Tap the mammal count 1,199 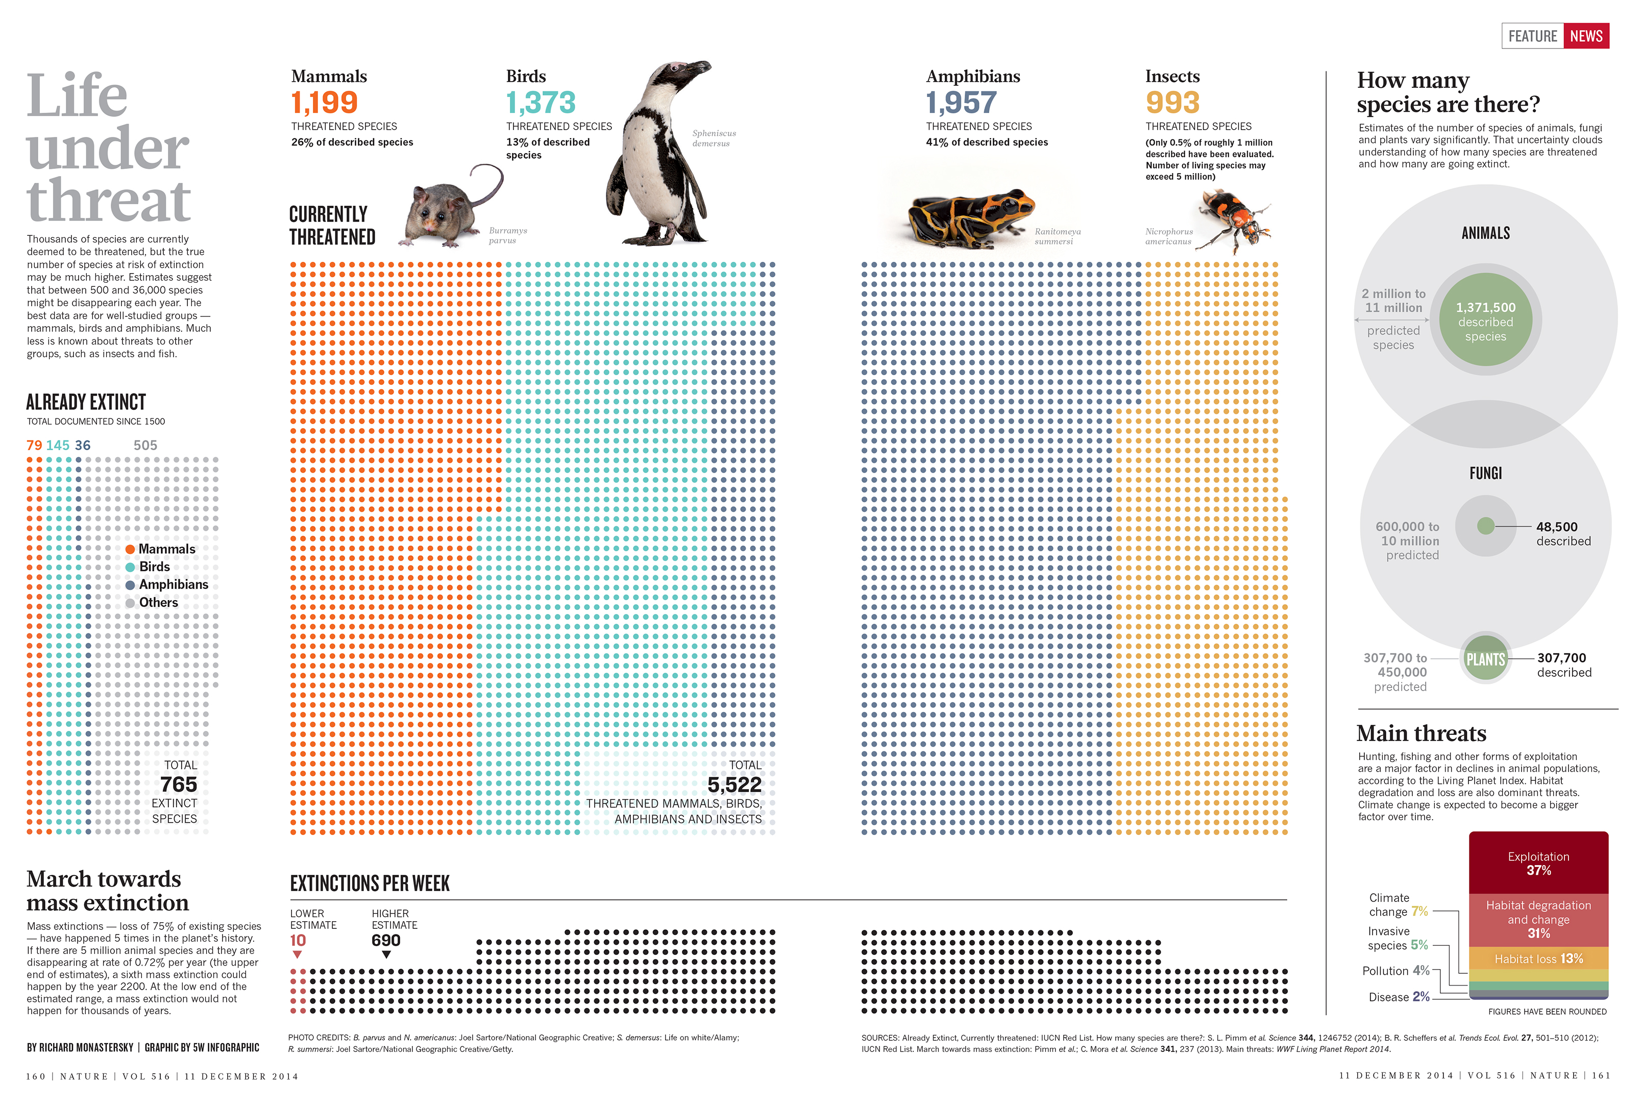coord(324,103)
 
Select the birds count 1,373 coord(541,103)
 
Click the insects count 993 coord(1172,103)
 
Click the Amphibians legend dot coord(130,585)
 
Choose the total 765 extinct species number coord(179,785)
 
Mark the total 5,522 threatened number coord(734,785)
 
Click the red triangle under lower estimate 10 coord(297,954)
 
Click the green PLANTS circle coord(1485,659)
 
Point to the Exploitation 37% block coord(1538,863)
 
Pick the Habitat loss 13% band coord(1538,958)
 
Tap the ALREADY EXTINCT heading coord(86,402)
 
